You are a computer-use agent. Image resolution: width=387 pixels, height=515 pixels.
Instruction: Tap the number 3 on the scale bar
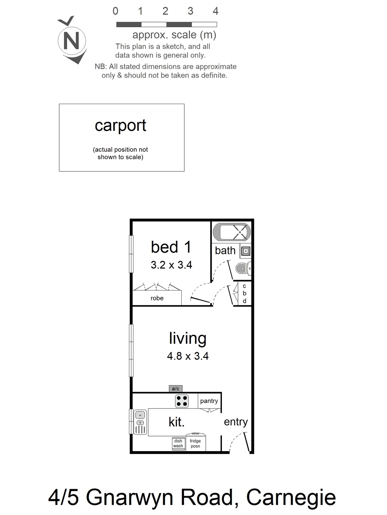coord(190,11)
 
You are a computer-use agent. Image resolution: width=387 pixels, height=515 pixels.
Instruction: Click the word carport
coord(120,126)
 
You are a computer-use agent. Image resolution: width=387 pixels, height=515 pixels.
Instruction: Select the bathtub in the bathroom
coord(232,232)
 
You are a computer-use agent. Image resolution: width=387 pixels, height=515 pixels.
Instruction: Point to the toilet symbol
coord(243,268)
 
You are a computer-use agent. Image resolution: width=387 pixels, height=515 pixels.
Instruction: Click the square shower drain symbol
coord(246,251)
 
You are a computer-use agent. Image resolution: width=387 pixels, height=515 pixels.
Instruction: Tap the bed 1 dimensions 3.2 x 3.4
coord(171,265)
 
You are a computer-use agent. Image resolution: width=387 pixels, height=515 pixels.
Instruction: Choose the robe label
coord(157,298)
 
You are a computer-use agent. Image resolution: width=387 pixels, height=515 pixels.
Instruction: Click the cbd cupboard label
coord(244,293)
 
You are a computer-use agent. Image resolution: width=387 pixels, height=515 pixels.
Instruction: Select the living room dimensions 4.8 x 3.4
coord(188,356)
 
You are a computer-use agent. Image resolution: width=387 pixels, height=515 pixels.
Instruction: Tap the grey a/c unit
coord(175,389)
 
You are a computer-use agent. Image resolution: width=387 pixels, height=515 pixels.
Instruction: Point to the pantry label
coord(209,401)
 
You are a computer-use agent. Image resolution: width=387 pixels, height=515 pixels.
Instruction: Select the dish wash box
coord(178,444)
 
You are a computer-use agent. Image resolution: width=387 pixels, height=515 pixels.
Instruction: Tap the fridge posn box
coord(195,443)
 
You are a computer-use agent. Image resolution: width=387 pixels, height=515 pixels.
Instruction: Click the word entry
coord(236,422)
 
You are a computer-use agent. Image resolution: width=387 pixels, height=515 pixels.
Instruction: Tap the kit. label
coord(176,422)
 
